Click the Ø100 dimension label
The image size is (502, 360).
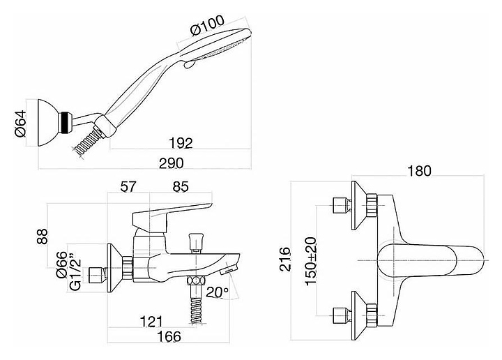(207, 31)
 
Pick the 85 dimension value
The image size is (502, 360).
(180, 187)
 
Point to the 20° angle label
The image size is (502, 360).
(218, 292)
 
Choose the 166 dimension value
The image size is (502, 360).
(167, 337)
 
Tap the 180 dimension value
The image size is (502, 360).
(418, 170)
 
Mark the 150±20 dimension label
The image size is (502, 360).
(312, 257)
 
